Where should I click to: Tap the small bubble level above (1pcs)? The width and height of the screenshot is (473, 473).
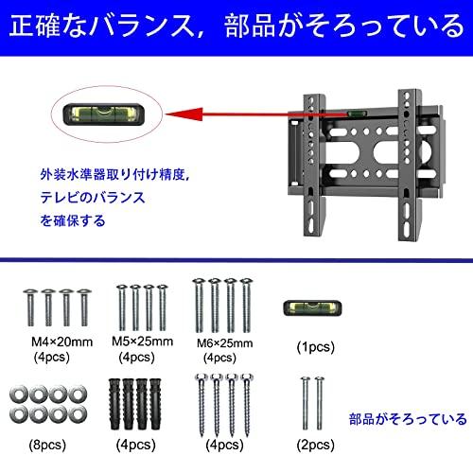pyautogui.click(x=313, y=308)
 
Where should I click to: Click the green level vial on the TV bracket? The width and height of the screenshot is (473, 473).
pyautogui.click(x=360, y=112)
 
